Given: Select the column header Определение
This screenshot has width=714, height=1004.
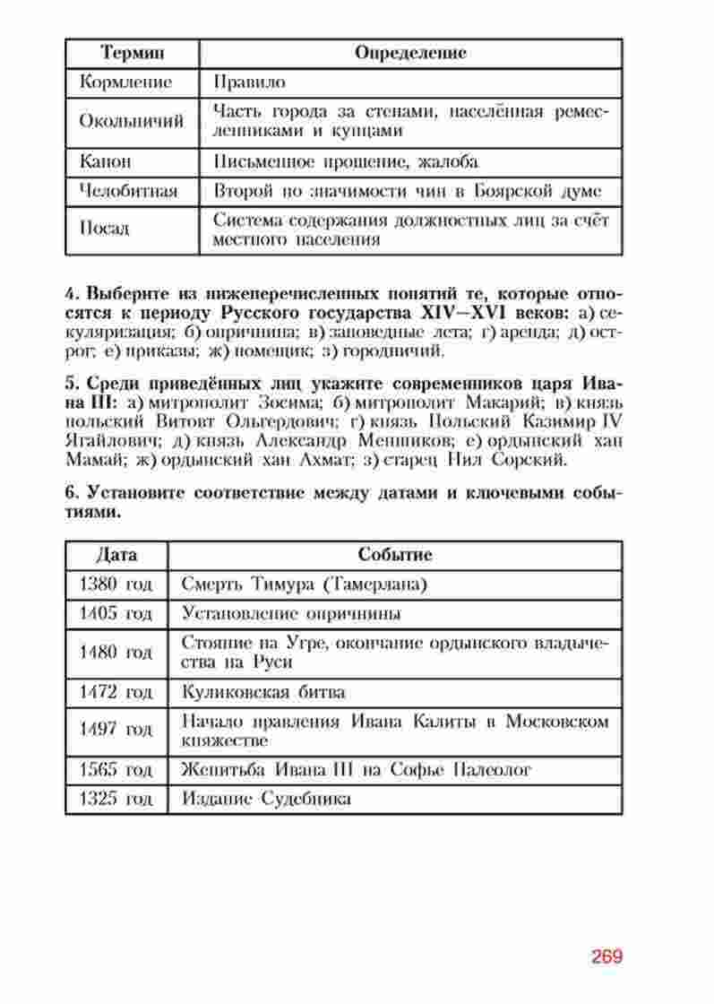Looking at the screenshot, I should pyautogui.click(x=410, y=53).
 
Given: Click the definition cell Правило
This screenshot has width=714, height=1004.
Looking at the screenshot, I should pyautogui.click(x=250, y=82).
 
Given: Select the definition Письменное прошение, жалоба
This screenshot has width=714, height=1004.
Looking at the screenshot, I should pyautogui.click(x=346, y=161).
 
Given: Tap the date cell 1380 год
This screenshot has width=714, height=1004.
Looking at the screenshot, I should pyautogui.click(x=116, y=584).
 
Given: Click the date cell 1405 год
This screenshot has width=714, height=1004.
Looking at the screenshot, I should pyautogui.click(x=116, y=614).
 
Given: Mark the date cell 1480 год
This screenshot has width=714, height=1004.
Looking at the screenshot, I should pyautogui.click(x=116, y=652).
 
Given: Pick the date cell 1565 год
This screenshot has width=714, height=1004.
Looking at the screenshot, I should pyautogui.click(x=116, y=769).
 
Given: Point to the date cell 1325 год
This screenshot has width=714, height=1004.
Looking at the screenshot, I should pyautogui.click(x=116, y=799).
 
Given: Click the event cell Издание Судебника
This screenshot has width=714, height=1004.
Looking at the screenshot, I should pyautogui.click(x=265, y=799).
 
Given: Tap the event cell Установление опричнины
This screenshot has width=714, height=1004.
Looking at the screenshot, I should pyautogui.click(x=290, y=614).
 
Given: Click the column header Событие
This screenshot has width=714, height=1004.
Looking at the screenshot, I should pyautogui.click(x=395, y=555).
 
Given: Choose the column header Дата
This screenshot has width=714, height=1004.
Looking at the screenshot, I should pyautogui.click(x=116, y=555).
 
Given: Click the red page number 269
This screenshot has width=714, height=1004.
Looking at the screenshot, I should pyautogui.click(x=606, y=956).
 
